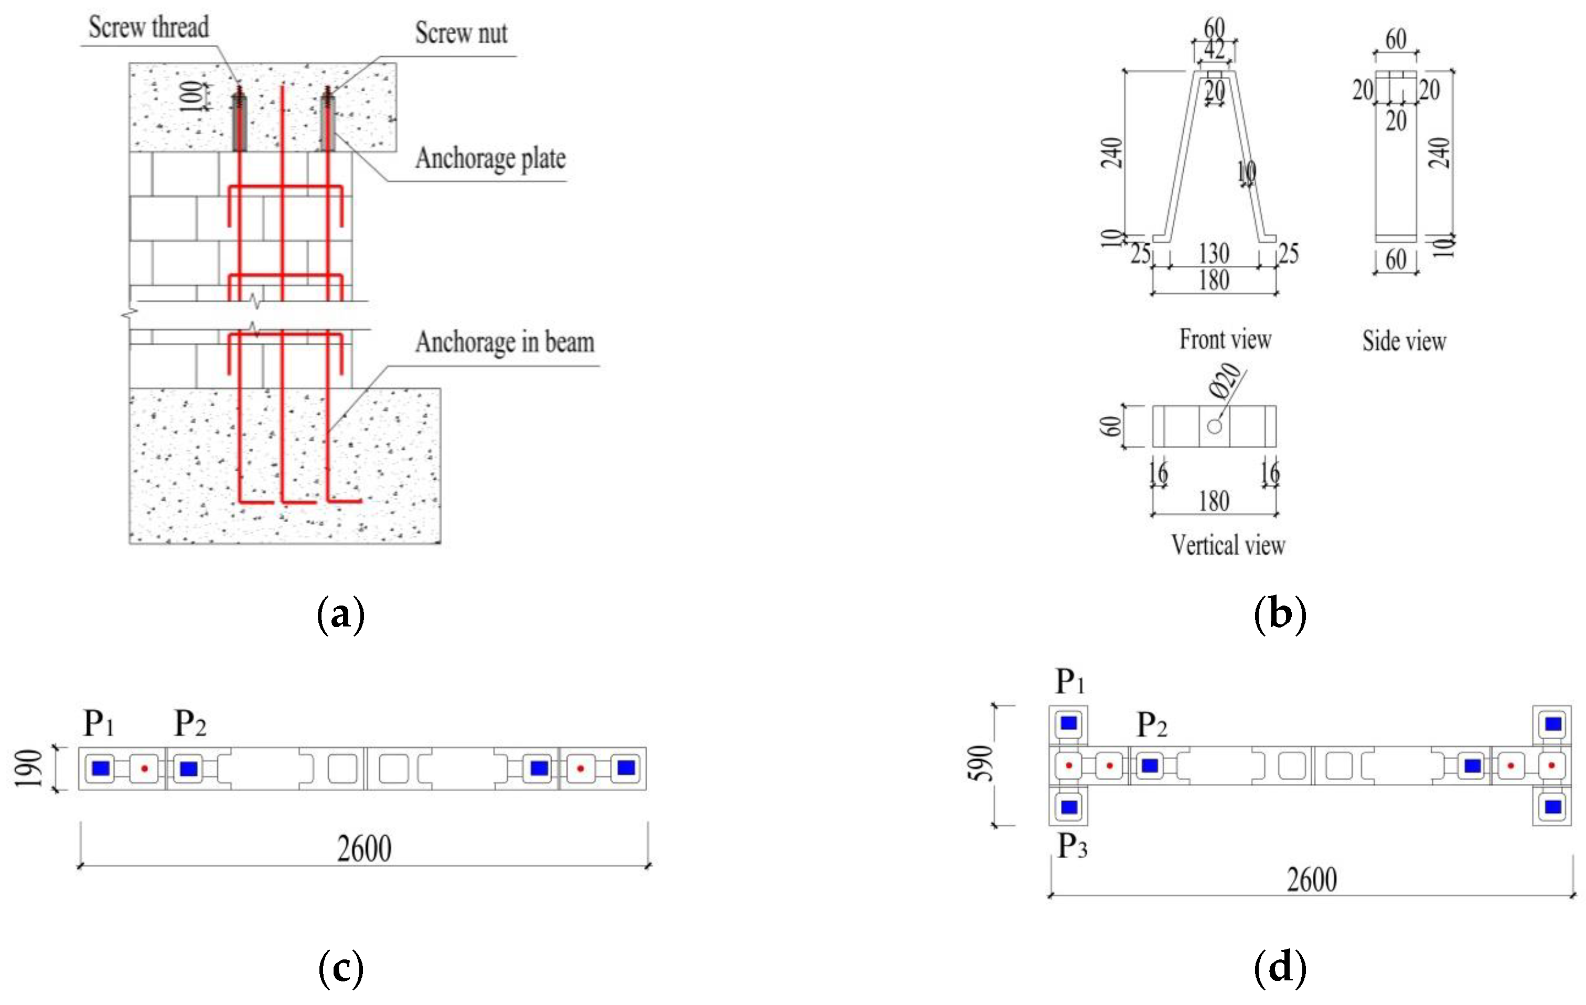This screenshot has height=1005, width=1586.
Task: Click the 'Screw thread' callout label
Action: (149, 28)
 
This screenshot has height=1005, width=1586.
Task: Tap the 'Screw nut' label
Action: (461, 34)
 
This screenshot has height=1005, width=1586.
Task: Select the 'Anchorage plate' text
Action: (490, 159)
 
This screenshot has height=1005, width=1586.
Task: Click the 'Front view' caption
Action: (1225, 340)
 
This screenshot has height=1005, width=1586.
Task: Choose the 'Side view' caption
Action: (1404, 341)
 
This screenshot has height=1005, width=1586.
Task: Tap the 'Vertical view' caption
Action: (1228, 545)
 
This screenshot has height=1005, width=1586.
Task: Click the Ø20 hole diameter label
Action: (1226, 383)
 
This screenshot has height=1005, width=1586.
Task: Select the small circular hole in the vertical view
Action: (1215, 426)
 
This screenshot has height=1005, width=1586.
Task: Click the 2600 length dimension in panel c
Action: (364, 849)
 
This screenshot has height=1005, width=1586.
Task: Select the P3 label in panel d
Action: (1071, 846)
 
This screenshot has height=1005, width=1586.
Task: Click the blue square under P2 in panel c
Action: (188, 769)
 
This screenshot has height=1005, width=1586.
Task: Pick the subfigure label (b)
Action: (1280, 615)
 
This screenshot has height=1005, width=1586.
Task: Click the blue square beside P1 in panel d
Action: (1068, 723)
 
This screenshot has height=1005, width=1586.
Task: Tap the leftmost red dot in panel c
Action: (144, 769)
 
